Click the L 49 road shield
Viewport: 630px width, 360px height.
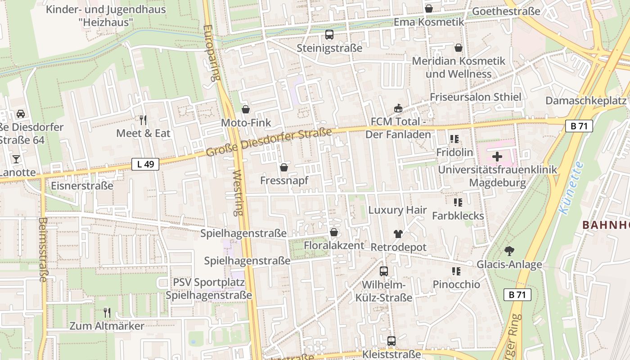point(145,164)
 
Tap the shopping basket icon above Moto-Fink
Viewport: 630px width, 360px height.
point(246,109)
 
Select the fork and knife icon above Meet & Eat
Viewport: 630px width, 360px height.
point(143,120)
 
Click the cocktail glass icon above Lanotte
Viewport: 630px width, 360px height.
point(16,159)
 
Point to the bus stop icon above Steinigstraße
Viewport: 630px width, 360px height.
point(329,35)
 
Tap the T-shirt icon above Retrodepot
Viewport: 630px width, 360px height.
point(398,234)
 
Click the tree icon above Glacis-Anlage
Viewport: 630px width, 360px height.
point(509,251)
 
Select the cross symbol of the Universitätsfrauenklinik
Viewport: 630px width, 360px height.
point(497,157)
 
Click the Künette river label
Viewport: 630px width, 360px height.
point(571,188)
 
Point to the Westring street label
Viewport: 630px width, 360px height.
point(238,193)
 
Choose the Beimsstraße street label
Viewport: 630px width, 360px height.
point(43,250)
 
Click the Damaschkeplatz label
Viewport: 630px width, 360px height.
point(586,100)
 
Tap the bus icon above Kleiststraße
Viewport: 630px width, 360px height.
point(391,341)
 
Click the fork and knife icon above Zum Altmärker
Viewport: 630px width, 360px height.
point(107,312)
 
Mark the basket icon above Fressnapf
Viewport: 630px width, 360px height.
point(284,168)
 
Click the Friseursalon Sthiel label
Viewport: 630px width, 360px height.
point(475,97)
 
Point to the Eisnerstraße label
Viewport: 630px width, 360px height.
point(82,185)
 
